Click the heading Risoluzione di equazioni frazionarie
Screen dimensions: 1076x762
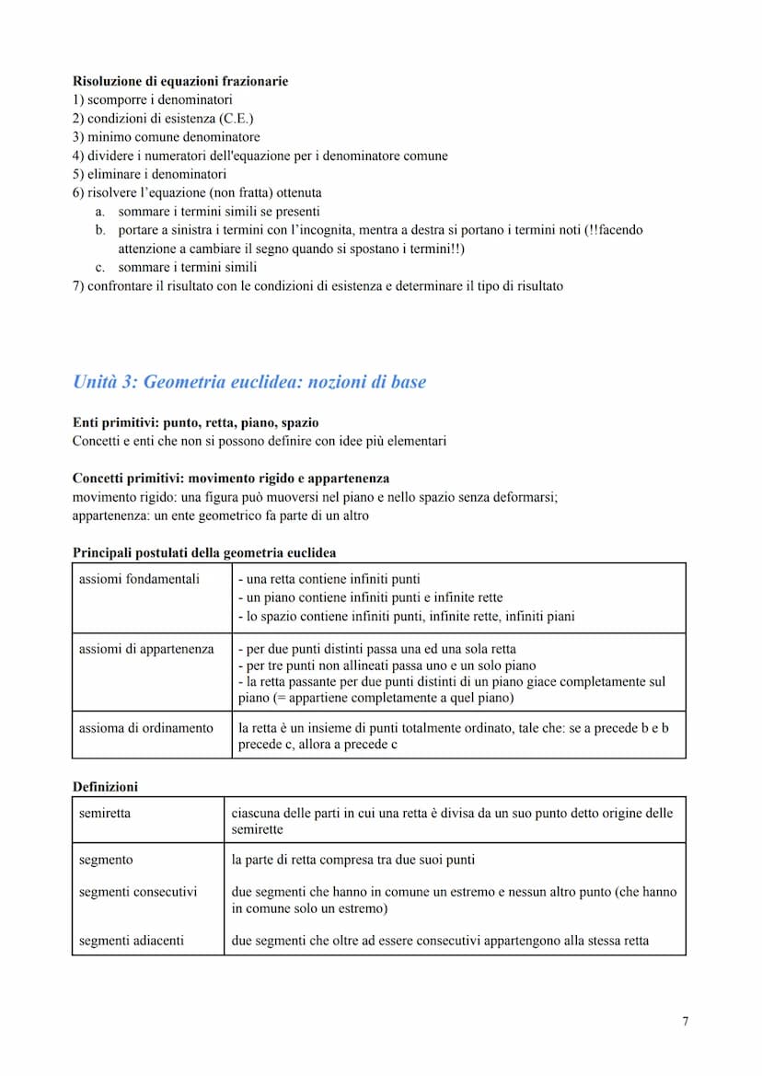(x=179, y=81)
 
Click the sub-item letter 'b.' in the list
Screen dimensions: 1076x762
(x=100, y=230)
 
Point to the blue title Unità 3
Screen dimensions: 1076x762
(x=248, y=382)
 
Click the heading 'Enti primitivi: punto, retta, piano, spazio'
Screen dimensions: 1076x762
(x=195, y=422)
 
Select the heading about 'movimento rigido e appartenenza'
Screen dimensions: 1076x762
(x=230, y=479)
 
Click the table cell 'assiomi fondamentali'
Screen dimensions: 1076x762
(x=139, y=579)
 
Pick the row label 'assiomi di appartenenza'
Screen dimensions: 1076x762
(x=146, y=649)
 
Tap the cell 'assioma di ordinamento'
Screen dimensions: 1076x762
(x=146, y=727)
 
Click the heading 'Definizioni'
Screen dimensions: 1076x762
(x=105, y=787)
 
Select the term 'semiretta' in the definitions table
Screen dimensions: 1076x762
(x=105, y=813)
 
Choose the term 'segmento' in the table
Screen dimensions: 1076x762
(x=106, y=859)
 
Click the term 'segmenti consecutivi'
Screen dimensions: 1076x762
(x=138, y=891)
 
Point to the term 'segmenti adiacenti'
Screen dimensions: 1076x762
(x=132, y=940)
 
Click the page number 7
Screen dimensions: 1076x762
(x=685, y=1020)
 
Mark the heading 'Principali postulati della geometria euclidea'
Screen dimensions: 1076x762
(x=204, y=553)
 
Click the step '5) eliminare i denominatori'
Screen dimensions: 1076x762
(x=149, y=174)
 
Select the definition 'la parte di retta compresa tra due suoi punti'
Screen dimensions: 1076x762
(x=353, y=859)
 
